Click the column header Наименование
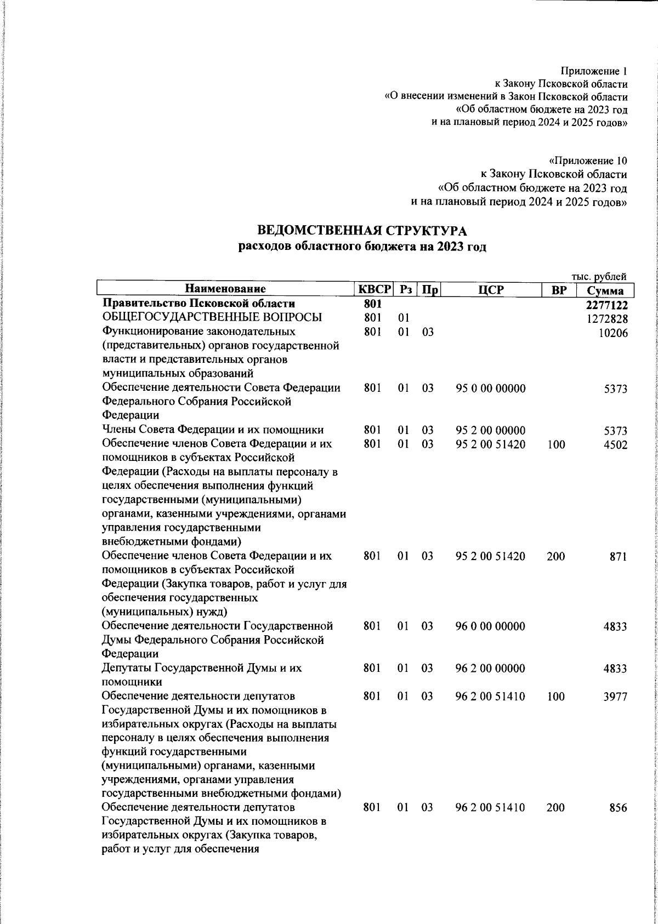tap(225, 289)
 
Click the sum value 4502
tap(615, 444)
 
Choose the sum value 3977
tap(615, 697)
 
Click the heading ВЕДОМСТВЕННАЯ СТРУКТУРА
tap(362, 231)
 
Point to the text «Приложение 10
tap(588, 161)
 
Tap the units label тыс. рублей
tap(599, 277)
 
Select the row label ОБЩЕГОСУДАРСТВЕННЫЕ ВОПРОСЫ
tap(212, 318)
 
